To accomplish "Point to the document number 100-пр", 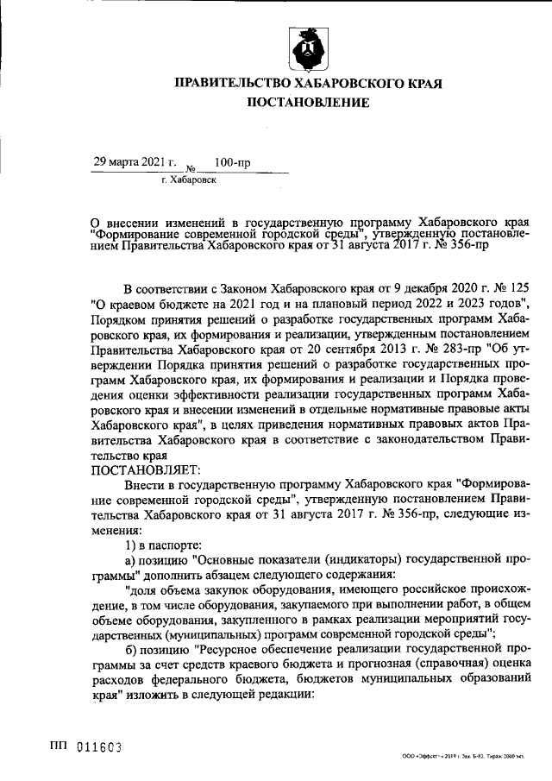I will click(232, 161).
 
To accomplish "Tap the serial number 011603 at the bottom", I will click(97, 746).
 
